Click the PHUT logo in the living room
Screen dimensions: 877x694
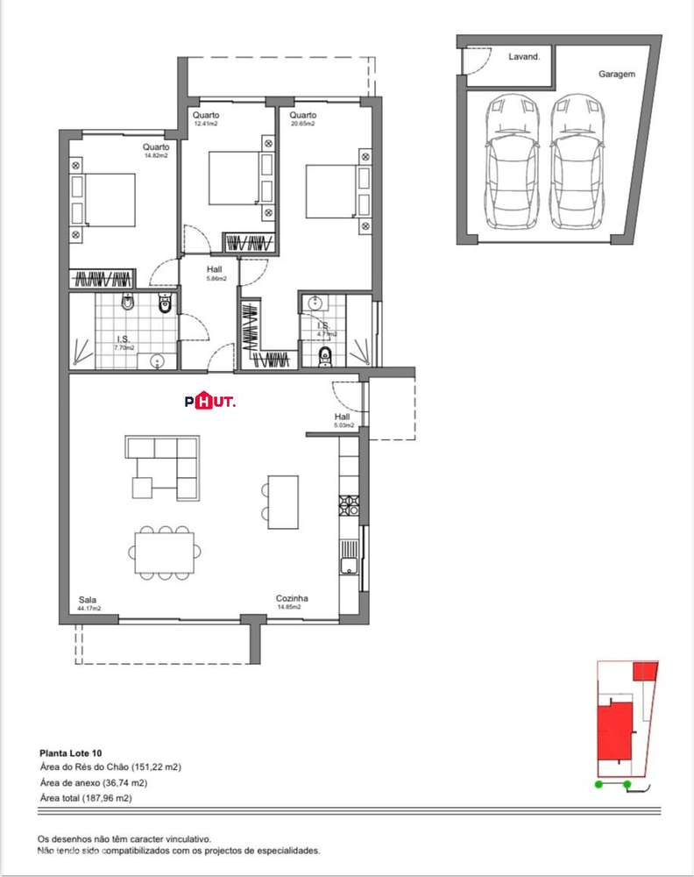pos(210,401)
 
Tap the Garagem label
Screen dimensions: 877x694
pos(616,75)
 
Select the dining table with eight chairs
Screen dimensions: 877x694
pos(165,553)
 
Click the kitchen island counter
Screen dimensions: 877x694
pos(283,502)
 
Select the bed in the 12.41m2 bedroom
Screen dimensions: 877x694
pos(232,176)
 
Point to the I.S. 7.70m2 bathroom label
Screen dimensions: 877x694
pos(124,343)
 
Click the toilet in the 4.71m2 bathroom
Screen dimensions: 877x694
pos(325,355)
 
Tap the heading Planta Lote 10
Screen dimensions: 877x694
pos(71,752)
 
